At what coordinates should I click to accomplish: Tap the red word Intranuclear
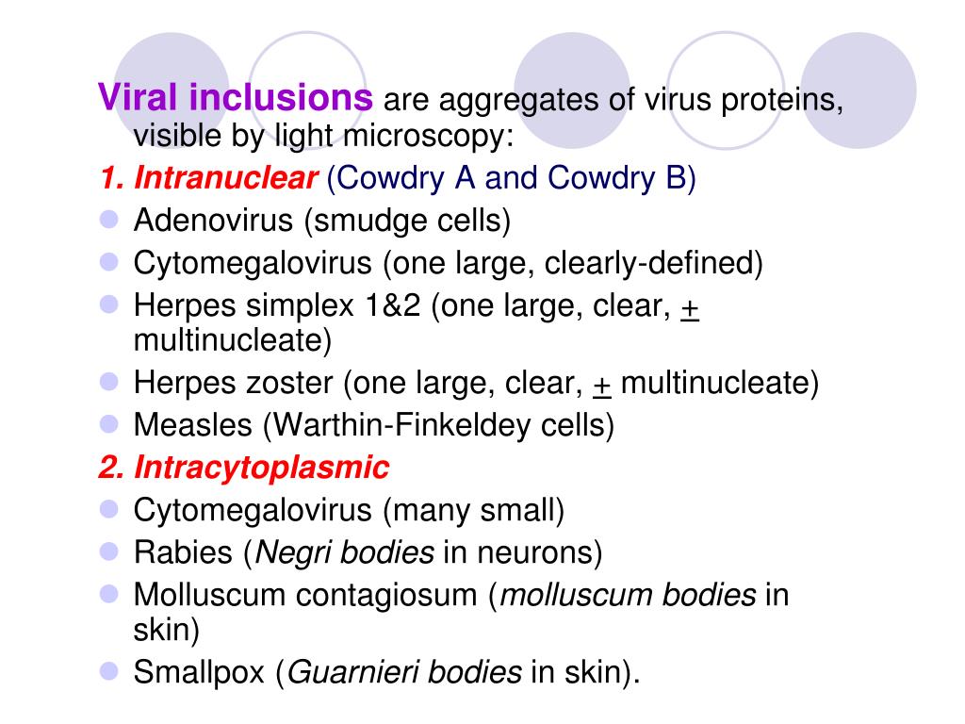[x=225, y=179]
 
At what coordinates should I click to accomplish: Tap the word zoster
[x=291, y=384]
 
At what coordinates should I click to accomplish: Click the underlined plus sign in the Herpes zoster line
[x=602, y=384]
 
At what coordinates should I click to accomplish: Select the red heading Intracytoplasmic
[x=261, y=468]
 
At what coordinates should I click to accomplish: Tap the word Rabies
[x=184, y=552]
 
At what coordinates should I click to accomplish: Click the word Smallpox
[x=200, y=672]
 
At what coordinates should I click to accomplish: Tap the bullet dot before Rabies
[x=109, y=551]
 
